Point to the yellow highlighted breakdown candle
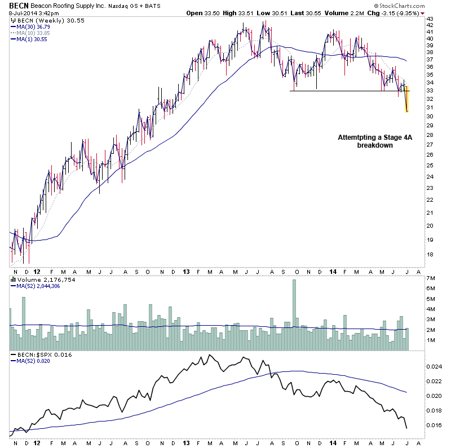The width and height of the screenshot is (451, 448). (x=406, y=99)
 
